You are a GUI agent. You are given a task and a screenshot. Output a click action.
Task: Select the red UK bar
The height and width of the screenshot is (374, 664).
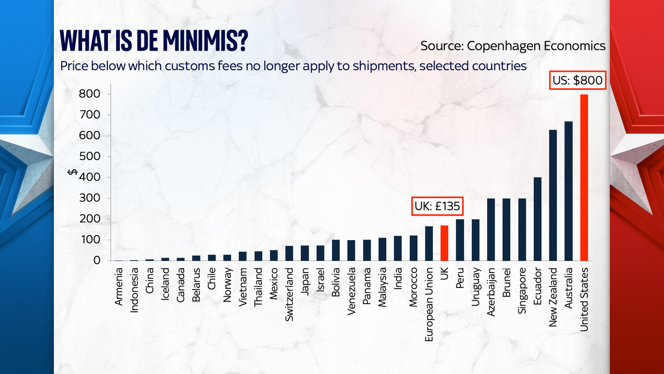444,243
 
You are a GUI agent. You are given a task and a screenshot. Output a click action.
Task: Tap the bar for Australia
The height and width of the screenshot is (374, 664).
569,191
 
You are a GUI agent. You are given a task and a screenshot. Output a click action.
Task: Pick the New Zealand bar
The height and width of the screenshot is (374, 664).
553,195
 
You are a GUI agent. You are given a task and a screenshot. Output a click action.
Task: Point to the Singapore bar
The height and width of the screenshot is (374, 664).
522,229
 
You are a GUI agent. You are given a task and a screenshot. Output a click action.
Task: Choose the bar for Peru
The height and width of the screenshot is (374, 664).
460,240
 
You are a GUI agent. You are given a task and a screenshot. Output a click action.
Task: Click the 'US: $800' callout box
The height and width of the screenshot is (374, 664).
578,80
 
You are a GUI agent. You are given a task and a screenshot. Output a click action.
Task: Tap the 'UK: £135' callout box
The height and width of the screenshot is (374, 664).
437,206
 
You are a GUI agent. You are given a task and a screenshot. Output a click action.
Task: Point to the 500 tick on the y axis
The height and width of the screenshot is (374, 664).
90,156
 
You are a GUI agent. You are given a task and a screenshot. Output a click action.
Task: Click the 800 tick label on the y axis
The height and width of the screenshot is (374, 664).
90,94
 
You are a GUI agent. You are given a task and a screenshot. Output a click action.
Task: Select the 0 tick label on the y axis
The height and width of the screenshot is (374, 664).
97,261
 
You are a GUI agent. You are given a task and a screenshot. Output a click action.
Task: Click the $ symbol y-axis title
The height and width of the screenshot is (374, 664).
73,172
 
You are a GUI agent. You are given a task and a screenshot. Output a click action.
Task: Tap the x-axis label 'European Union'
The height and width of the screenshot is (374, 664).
429,305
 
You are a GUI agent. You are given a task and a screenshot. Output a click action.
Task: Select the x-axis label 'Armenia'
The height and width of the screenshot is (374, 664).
119,287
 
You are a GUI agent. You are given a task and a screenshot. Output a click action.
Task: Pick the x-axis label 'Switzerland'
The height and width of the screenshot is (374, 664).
289,294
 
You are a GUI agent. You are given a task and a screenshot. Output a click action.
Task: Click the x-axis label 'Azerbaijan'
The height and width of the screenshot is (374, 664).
491,292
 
